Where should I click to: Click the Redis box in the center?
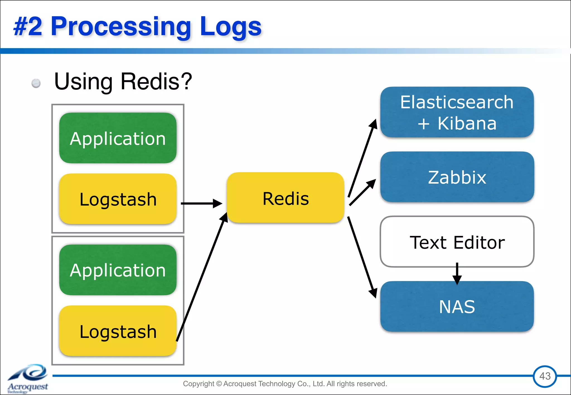[x=285, y=198]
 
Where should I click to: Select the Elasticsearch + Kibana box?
[x=457, y=112]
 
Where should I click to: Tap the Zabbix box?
[x=457, y=177]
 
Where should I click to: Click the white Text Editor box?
[x=457, y=242]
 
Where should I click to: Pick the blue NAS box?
[x=457, y=306]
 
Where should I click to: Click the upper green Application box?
[x=118, y=138]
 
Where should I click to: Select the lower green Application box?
[x=118, y=270]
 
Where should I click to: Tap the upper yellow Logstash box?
[x=118, y=199]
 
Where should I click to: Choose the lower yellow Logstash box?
[x=118, y=331]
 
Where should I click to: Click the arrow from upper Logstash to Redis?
[x=201, y=203]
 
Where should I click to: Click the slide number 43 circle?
[x=545, y=376]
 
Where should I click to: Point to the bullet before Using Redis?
[x=36, y=83]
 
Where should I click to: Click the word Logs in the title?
[x=231, y=27]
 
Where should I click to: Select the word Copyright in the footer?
[x=198, y=384]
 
